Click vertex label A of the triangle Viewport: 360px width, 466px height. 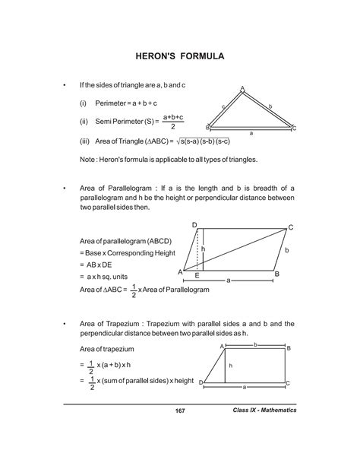pyautogui.click(x=242, y=89)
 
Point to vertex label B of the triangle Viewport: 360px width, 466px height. pyautogui.click(x=207, y=128)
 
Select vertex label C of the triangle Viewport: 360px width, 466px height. pyautogui.click(x=293, y=128)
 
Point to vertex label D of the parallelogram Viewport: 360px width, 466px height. pyautogui.click(x=194, y=225)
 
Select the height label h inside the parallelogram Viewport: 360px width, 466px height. pyautogui.click(x=203, y=249)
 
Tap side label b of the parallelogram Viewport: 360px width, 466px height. pyautogui.click(x=286, y=249)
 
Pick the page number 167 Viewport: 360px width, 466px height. pyautogui.click(x=179, y=411)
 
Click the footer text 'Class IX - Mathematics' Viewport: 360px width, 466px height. pyautogui.click(x=264, y=411)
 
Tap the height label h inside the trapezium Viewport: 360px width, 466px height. pyautogui.click(x=230, y=366)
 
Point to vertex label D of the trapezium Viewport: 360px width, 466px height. pyautogui.click(x=201, y=383)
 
